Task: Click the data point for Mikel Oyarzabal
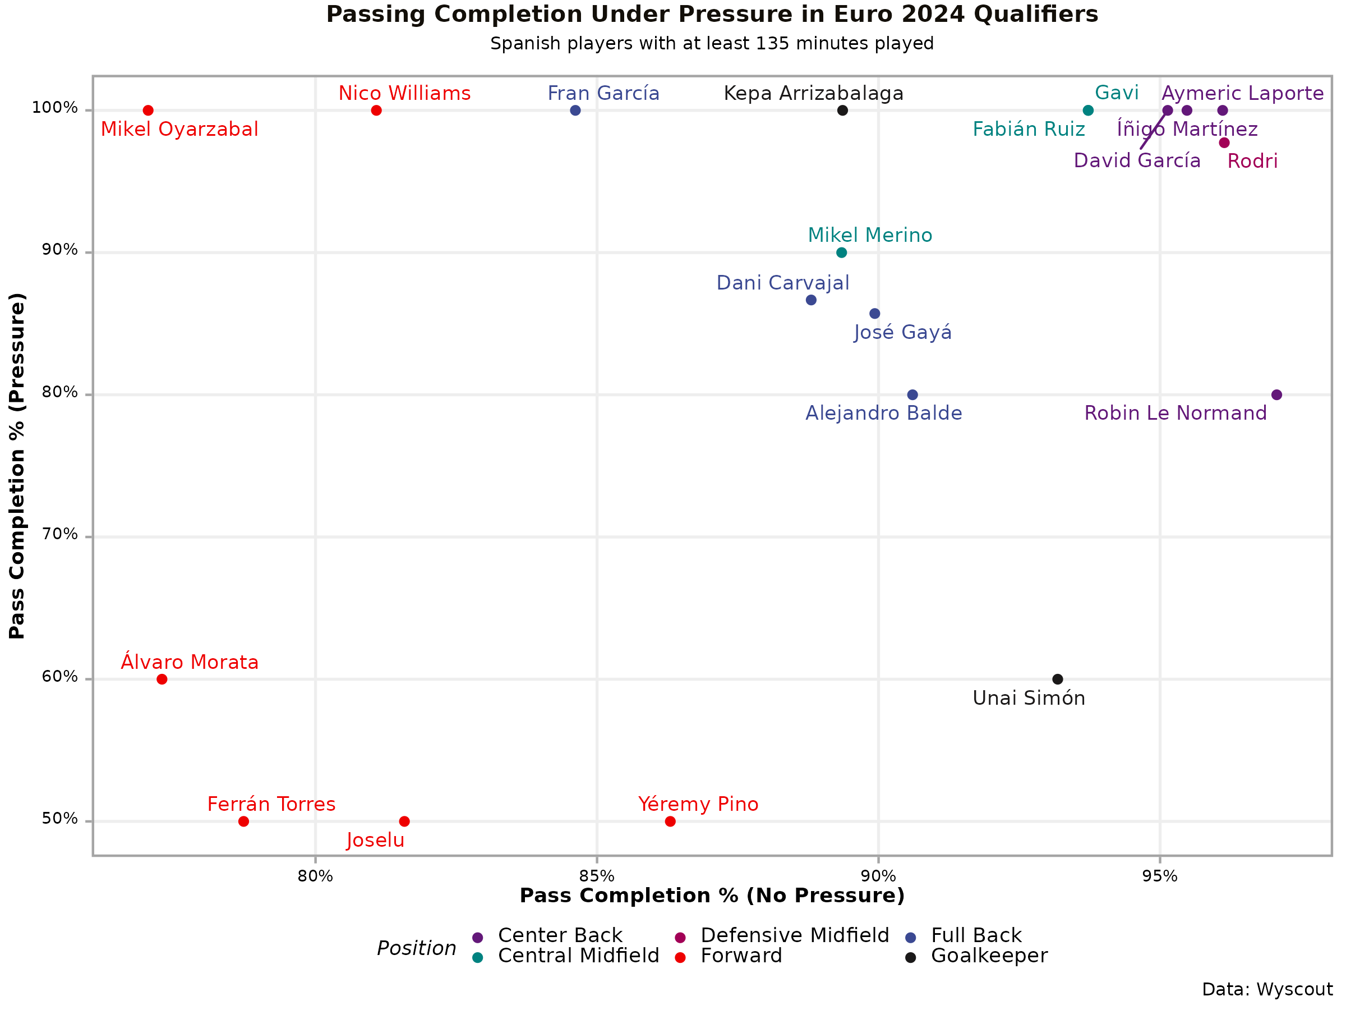pos(148,111)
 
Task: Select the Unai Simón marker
pos(1058,680)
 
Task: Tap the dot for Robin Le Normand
pos(1276,395)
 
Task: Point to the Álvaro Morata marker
pos(162,680)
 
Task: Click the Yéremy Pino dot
pos(671,822)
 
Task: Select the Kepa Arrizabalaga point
pos(843,111)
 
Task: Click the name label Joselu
pos(375,841)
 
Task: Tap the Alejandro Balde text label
pos(883,414)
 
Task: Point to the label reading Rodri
pos(1252,162)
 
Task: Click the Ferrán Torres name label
pos(271,804)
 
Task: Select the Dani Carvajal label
pos(782,283)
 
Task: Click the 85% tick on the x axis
pos(597,876)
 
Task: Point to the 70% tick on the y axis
pos(59,535)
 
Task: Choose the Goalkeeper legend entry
pos(989,956)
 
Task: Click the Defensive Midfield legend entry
pos(795,936)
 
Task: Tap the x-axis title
pos(712,896)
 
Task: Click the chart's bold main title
pos(712,15)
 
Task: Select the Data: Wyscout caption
pos(1267,990)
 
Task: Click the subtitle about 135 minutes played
pos(712,44)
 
